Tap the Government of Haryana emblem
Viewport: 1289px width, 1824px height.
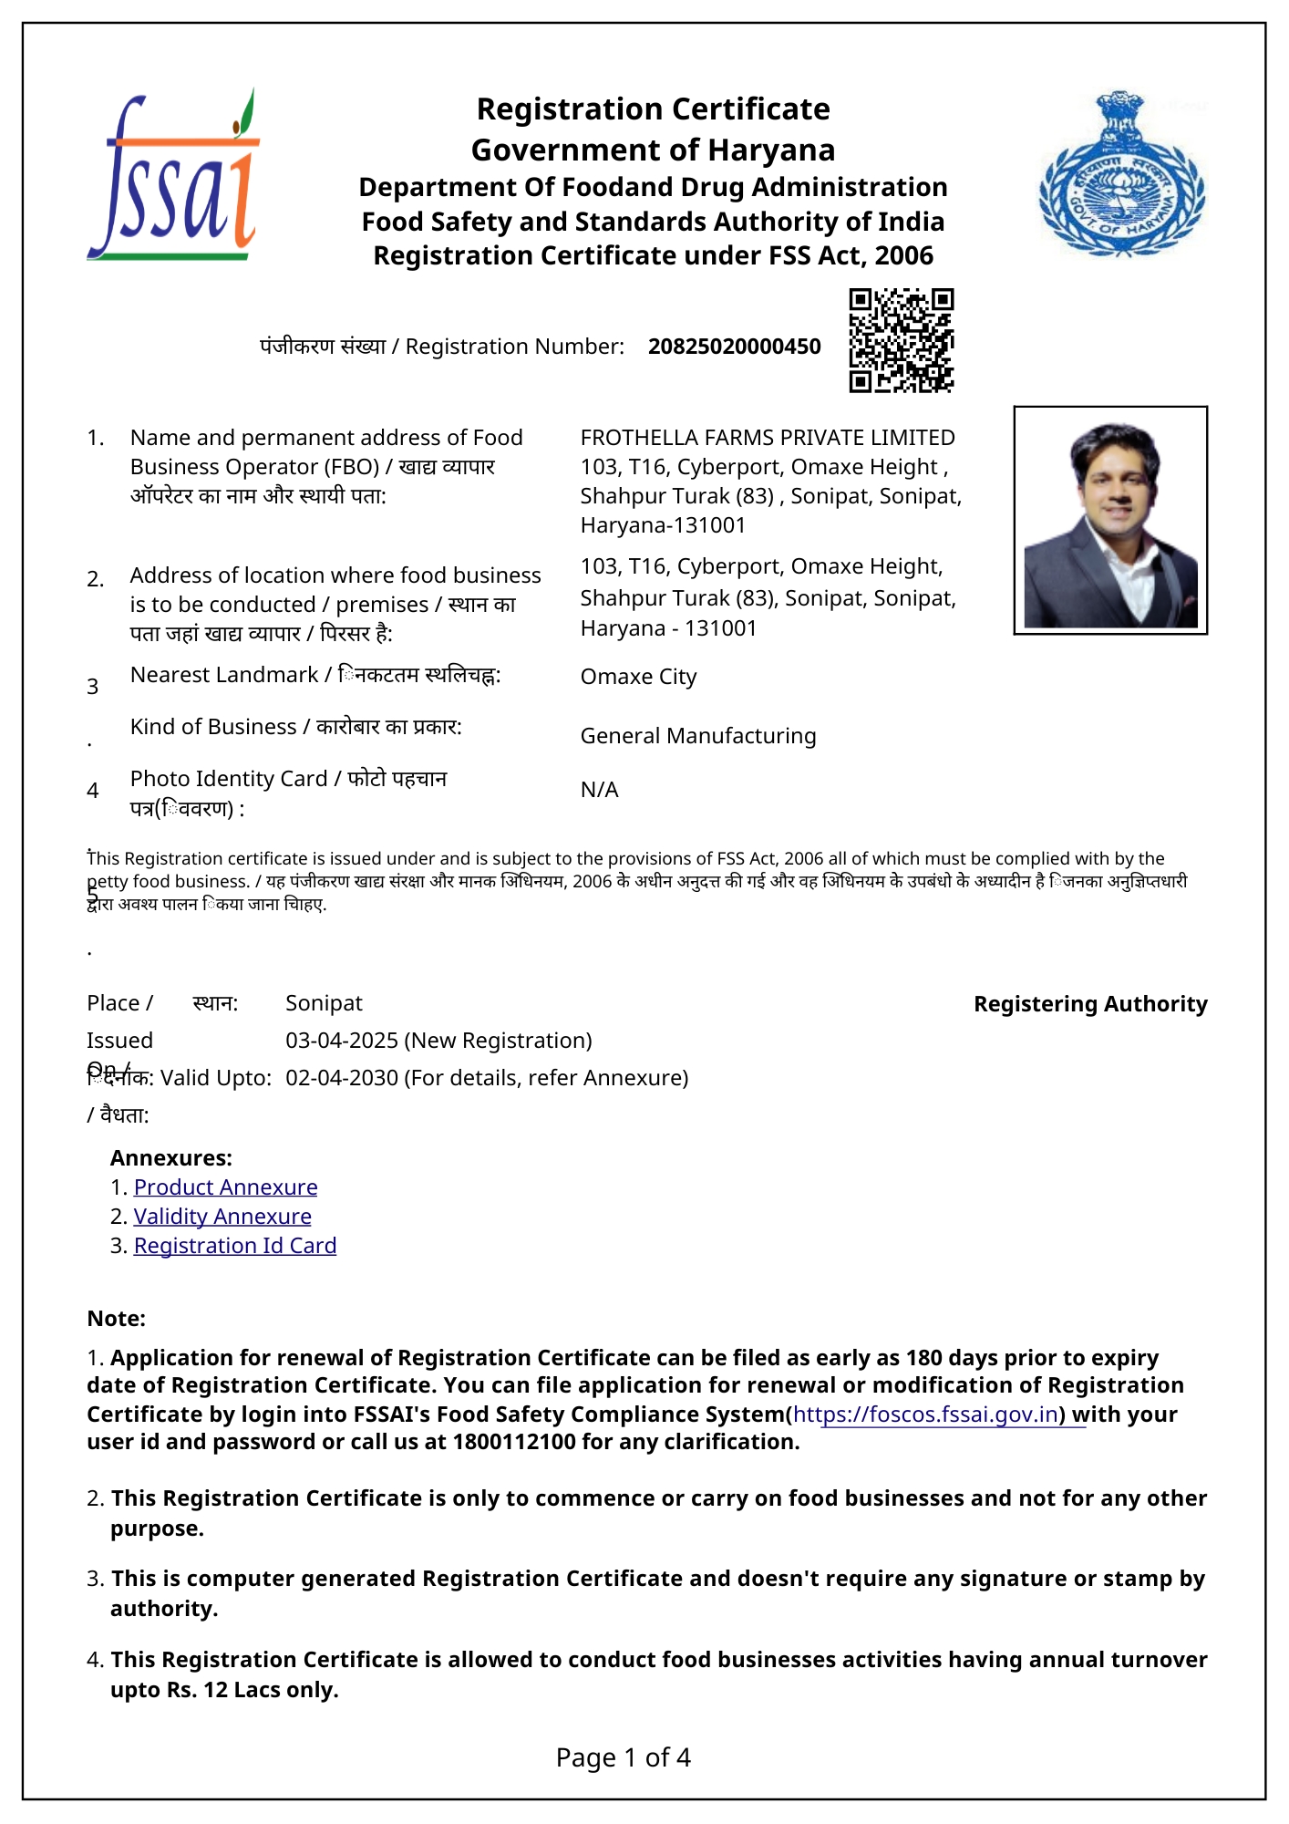(1121, 175)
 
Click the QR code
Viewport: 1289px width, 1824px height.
(901, 340)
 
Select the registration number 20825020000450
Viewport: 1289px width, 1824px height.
(734, 347)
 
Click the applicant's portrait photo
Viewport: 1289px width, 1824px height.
(1110, 521)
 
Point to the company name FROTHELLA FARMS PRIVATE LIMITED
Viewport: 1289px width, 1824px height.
(767, 438)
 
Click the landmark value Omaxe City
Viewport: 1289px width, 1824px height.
(638, 677)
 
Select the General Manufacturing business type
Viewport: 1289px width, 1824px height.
(697, 736)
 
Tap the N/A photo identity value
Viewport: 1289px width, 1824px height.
(599, 790)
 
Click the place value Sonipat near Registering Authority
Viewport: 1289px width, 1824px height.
(324, 1003)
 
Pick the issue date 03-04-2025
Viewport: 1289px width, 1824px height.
(342, 1041)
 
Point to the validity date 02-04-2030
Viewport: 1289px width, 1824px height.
(342, 1078)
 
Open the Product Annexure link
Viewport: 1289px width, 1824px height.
(225, 1187)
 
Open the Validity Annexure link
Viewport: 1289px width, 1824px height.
(222, 1217)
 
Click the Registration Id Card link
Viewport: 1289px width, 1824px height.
(234, 1246)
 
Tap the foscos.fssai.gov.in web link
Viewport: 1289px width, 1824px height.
(925, 1415)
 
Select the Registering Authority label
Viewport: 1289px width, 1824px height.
(1090, 1004)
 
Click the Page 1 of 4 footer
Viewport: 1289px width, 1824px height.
(624, 1757)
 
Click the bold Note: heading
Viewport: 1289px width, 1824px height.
(116, 1319)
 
